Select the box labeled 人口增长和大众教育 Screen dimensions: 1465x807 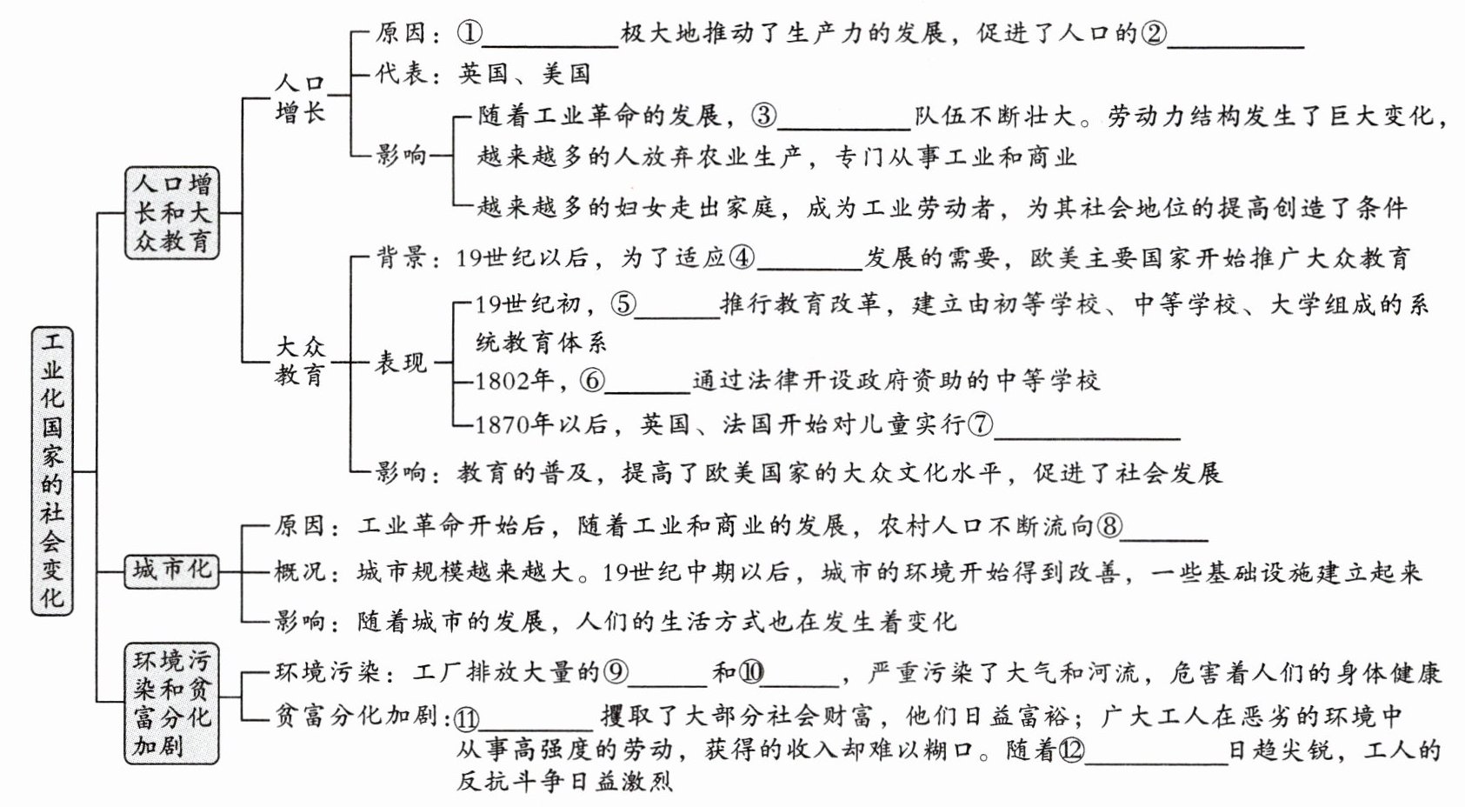click(172, 212)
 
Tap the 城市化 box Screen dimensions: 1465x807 click(171, 570)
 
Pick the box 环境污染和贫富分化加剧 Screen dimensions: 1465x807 click(172, 704)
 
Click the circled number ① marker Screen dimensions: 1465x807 click(469, 34)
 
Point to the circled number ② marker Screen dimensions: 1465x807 click(1154, 34)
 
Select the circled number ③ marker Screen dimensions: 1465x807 click(763, 116)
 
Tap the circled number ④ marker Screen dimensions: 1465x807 click(742, 257)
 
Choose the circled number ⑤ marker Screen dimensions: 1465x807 click(623, 304)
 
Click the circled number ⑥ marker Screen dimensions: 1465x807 click(592, 381)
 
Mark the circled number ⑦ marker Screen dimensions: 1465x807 click(980, 424)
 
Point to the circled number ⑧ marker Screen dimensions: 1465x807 click(1109, 525)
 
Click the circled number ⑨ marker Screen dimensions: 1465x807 click(616, 672)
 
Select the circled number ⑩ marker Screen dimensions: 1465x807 click(751, 672)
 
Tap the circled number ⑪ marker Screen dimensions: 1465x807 click(467, 718)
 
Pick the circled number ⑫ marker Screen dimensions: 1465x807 click(1071, 750)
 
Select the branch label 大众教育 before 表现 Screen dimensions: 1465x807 click(300, 361)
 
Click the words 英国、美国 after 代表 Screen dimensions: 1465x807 click(525, 74)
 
